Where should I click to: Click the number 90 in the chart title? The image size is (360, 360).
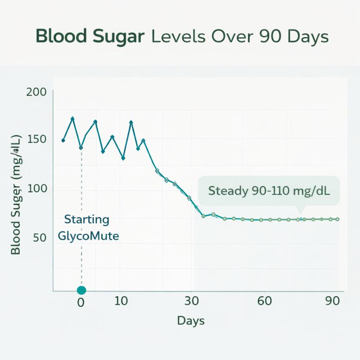(269, 36)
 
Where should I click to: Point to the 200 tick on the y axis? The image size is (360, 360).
(36, 92)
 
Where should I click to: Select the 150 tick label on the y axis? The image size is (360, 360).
(36, 139)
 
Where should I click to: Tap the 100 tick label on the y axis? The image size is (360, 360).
(36, 189)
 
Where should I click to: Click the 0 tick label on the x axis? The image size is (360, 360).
(81, 302)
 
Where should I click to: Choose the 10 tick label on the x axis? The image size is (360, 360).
(121, 301)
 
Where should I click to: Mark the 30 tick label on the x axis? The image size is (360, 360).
(192, 301)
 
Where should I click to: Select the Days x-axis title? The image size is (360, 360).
(191, 321)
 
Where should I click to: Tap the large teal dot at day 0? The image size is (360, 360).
(81, 290)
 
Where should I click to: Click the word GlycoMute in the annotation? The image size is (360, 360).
(89, 236)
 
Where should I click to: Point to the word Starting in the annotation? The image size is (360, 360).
(87, 220)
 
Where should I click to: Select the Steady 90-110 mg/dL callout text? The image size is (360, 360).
(269, 191)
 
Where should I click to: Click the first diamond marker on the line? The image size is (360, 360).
(63, 140)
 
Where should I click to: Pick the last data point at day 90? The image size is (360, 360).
(337, 219)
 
